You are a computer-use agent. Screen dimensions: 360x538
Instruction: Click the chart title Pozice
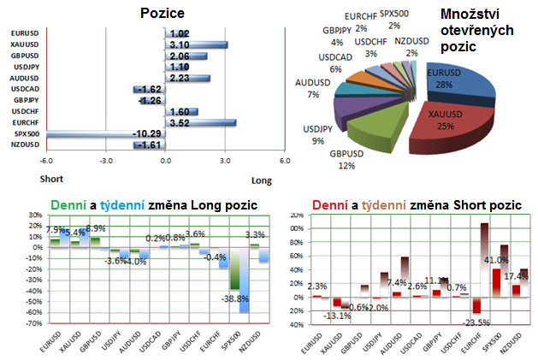coord(167,15)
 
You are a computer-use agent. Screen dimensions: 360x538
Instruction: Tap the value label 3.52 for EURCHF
coord(179,122)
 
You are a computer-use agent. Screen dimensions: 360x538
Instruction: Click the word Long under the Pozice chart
coord(262,180)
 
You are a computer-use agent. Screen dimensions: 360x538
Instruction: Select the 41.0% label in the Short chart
coord(497,260)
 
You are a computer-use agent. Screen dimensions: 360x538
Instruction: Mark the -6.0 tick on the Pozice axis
coord(45,160)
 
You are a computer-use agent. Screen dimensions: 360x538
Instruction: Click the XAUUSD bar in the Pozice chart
coord(194,44)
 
